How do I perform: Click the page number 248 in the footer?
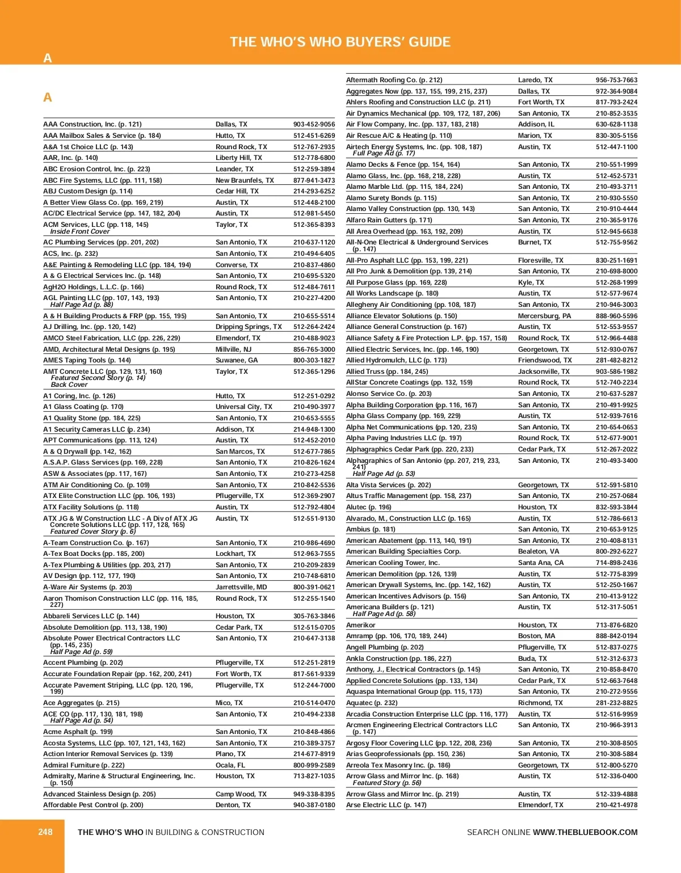coord(45,832)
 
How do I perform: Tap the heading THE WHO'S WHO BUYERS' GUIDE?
coord(340,42)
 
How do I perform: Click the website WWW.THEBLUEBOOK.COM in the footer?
coord(585,832)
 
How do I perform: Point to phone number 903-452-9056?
coord(314,124)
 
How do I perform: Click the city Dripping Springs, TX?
coord(249,327)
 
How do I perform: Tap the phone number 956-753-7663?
coord(616,80)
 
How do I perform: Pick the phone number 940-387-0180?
coord(314,805)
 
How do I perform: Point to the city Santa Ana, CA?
coord(541,563)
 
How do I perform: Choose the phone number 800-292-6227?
coord(616,551)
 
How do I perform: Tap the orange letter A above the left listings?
coord(48,98)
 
